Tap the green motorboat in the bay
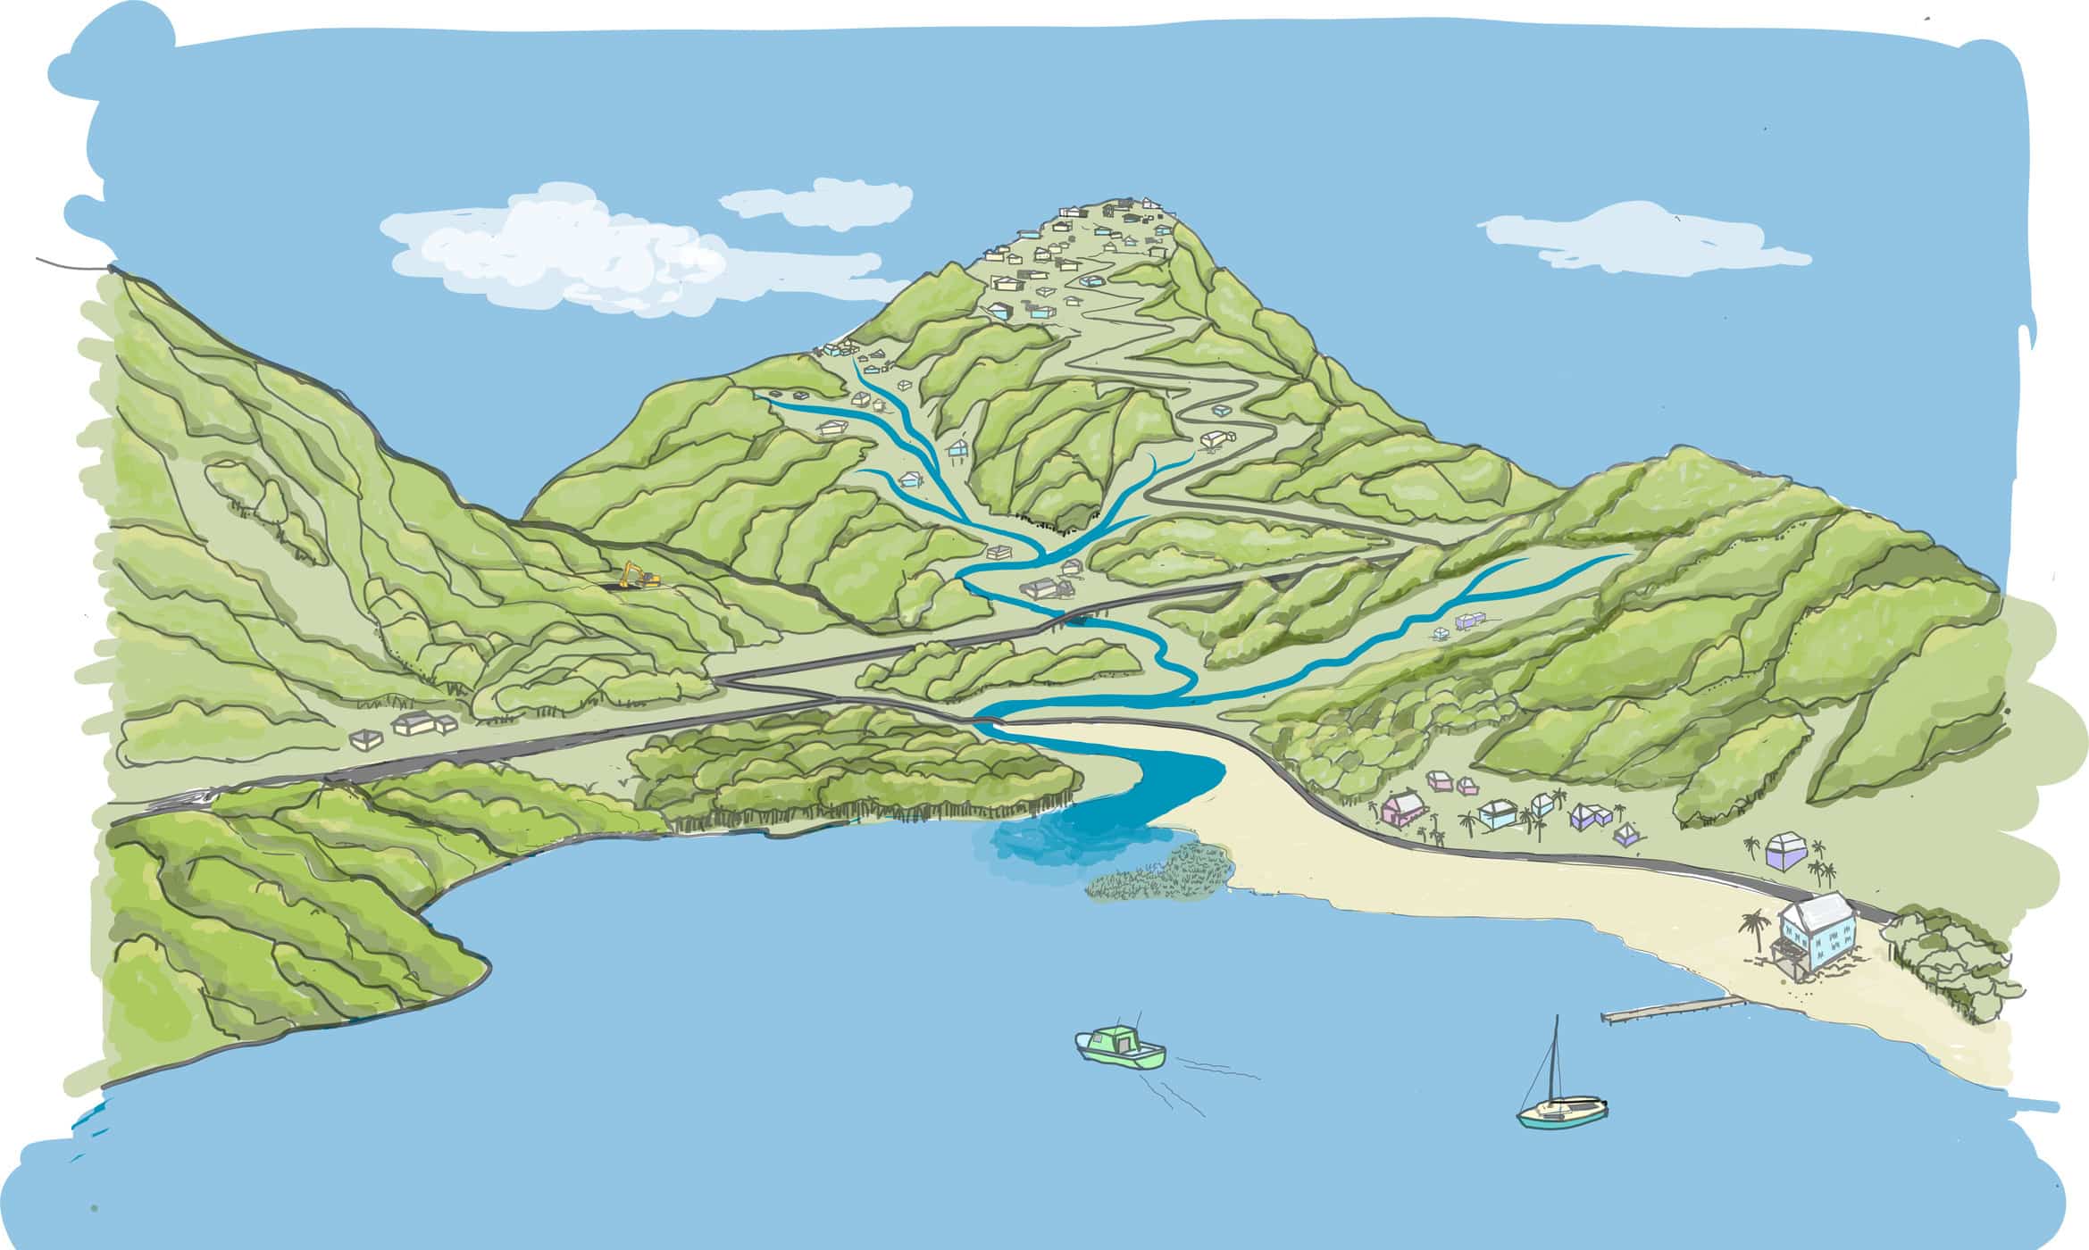[x=1121, y=1047]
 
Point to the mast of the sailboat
[x=1555, y=1058]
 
